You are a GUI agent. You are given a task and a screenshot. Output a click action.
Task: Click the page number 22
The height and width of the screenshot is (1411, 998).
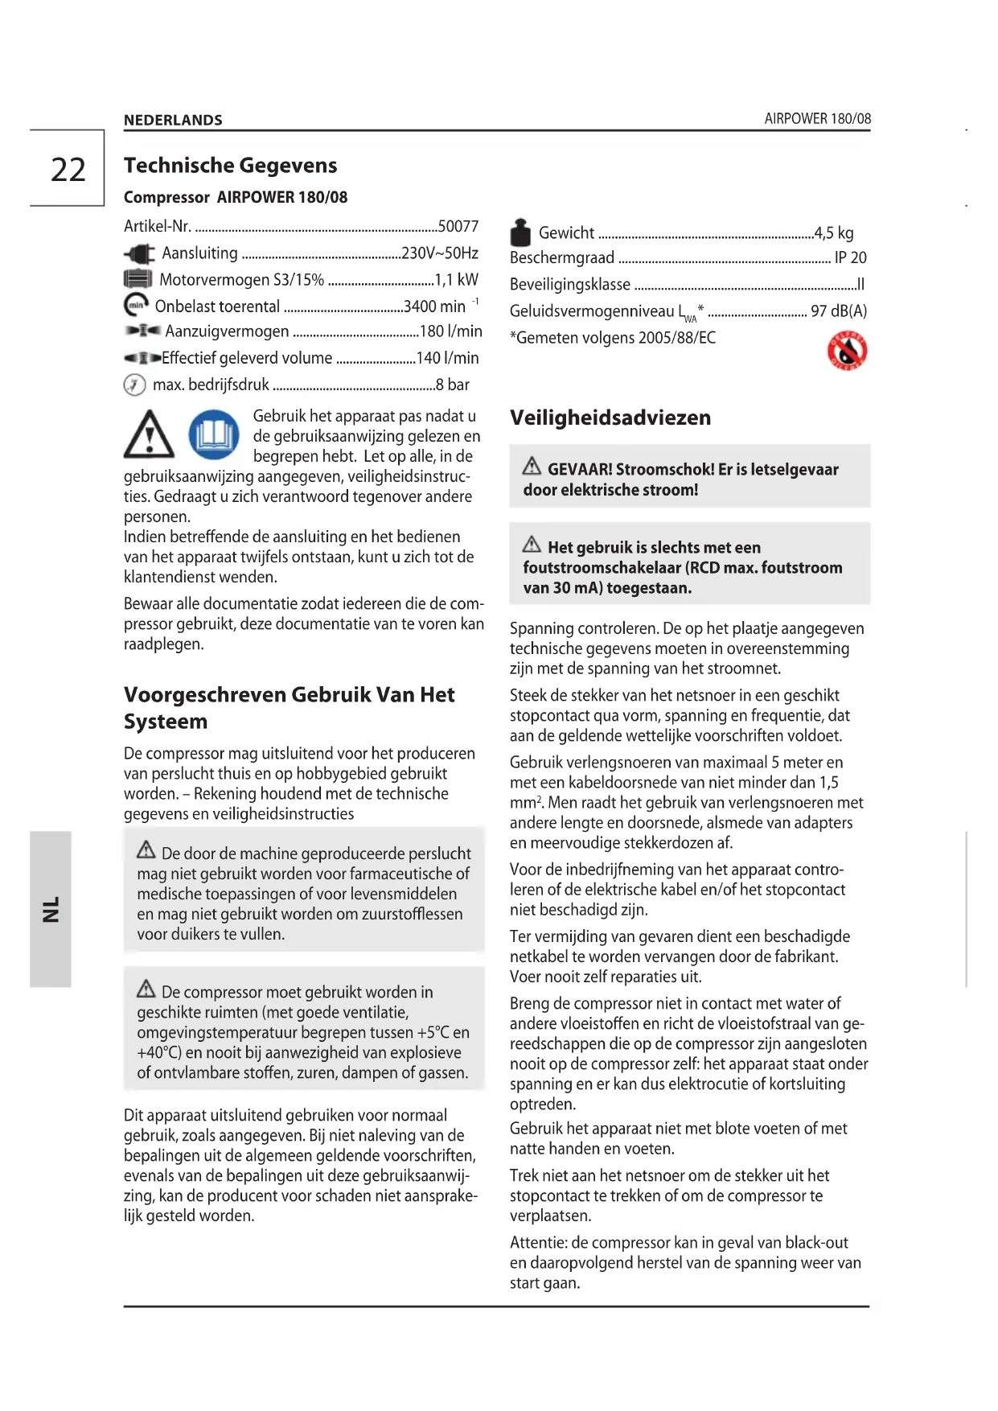(x=68, y=170)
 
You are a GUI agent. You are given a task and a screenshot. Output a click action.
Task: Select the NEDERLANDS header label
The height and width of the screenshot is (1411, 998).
(x=173, y=120)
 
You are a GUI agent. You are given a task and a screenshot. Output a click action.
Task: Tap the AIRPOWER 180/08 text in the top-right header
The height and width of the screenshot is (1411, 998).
(x=817, y=118)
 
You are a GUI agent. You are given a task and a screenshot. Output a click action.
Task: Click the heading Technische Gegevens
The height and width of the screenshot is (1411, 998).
(x=230, y=165)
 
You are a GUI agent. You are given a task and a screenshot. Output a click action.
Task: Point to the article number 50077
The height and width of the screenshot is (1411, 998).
(x=458, y=226)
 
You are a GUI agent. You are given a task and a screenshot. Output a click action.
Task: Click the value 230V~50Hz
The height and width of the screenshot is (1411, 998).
(x=440, y=253)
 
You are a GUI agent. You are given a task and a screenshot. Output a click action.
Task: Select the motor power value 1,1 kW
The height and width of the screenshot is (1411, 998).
(x=456, y=279)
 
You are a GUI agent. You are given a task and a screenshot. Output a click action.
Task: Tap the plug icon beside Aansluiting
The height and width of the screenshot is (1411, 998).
(x=139, y=254)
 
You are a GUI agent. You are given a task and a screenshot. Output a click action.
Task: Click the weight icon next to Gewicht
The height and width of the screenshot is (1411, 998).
(x=520, y=232)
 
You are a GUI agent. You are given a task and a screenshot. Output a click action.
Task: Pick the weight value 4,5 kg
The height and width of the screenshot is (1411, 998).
(x=834, y=232)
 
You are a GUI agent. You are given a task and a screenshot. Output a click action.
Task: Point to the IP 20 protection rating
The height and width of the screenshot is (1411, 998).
(x=850, y=257)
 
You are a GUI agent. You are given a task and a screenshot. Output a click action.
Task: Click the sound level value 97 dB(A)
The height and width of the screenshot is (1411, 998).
(x=839, y=311)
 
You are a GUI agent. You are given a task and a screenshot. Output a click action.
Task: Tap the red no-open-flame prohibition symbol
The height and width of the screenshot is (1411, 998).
(x=847, y=350)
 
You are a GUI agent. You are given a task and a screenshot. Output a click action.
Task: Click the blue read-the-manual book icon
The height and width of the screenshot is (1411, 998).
(x=214, y=435)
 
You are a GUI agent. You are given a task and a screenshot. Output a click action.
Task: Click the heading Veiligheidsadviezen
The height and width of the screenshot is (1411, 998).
(x=610, y=418)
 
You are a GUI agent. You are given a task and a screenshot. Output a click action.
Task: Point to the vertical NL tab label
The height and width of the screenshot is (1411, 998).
(x=51, y=909)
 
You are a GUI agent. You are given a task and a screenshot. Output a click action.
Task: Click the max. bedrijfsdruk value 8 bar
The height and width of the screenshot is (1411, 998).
(x=453, y=385)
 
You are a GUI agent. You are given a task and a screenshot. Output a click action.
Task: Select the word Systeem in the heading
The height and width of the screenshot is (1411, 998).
(x=166, y=722)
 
